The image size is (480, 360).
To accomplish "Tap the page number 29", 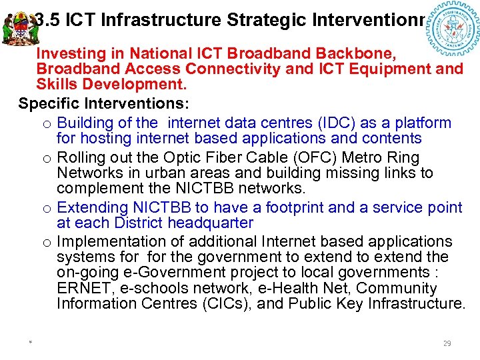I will pyautogui.click(x=447, y=343).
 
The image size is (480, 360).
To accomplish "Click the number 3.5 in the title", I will pyautogui.click(x=49, y=19).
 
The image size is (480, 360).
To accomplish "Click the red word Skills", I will pyautogui.click(x=56, y=85).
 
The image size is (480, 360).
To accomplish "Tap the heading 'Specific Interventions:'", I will pyautogui.click(x=104, y=104).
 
